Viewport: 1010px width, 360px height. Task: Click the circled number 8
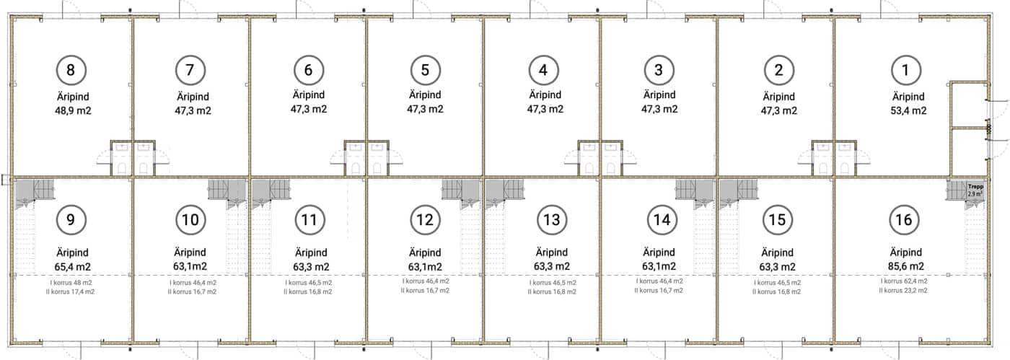[71, 70]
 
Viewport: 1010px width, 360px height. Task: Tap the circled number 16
[903, 220]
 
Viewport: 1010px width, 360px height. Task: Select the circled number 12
[425, 220]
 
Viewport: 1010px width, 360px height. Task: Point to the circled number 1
[905, 70]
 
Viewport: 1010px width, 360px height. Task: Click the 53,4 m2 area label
[908, 110]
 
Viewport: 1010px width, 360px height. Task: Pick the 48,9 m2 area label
[73, 110]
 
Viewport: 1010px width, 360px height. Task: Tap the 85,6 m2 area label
[906, 266]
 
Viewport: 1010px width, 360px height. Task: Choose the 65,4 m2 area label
[73, 267]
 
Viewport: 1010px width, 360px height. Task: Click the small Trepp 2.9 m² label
[975, 190]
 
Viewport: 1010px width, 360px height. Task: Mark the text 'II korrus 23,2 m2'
[903, 291]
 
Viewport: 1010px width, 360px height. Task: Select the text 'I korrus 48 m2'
[71, 283]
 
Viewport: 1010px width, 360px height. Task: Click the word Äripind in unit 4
[545, 95]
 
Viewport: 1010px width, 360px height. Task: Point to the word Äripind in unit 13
[552, 253]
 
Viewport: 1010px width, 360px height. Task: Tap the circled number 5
[425, 70]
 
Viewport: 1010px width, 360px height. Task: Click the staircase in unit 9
[35, 192]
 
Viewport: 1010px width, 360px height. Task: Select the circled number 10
[190, 220]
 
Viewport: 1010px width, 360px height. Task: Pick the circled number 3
[659, 70]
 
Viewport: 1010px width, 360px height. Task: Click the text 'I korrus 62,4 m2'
[904, 281]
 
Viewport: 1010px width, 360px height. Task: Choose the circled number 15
[778, 220]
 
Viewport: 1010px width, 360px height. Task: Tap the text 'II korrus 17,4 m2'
[71, 292]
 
